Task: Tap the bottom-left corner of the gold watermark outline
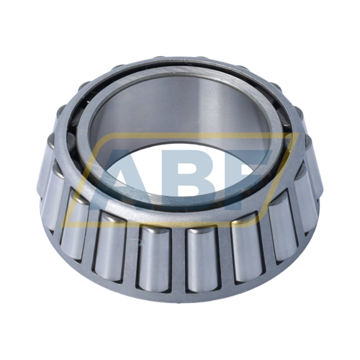63,225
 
